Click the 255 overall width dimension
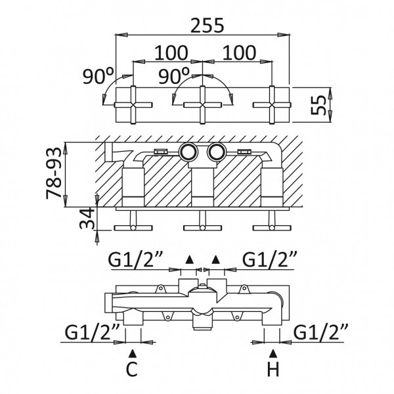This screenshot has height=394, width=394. pyautogui.click(x=207, y=26)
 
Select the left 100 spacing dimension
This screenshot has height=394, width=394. pyautogui.click(x=171, y=53)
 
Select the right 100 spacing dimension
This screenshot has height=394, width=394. pyautogui.click(x=239, y=53)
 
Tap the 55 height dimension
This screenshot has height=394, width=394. pyautogui.click(x=318, y=105)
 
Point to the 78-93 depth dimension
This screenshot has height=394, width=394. pyautogui.click(x=54, y=173)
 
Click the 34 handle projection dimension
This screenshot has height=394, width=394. pyautogui.click(x=87, y=218)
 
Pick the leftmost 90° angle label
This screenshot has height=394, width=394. pyautogui.click(x=98, y=76)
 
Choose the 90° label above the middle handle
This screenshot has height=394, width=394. pyautogui.click(x=173, y=76)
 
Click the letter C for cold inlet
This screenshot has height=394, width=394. pyautogui.click(x=132, y=369)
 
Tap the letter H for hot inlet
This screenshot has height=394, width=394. pyautogui.click(x=273, y=369)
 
